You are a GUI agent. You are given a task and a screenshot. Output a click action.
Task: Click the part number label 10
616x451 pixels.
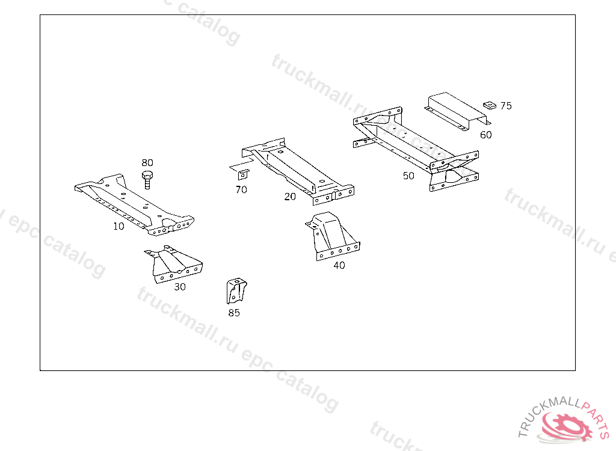tap(119, 227)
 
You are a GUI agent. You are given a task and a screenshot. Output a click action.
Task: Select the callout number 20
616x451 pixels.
tap(290, 197)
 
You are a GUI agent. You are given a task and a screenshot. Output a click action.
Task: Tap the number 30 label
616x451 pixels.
tap(180, 287)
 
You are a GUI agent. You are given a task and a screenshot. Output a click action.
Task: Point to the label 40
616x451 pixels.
tap(339, 265)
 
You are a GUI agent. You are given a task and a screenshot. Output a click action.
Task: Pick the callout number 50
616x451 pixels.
tap(408, 176)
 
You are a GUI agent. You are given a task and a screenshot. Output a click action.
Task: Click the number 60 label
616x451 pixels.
tap(485, 135)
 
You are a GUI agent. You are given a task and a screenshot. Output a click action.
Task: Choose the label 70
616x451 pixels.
tap(241, 190)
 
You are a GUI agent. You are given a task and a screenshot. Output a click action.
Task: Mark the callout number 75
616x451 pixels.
tap(506, 106)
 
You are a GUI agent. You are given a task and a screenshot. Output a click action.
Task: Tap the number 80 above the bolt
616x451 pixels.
tap(147, 162)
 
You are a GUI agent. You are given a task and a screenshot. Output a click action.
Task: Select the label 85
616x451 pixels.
tap(234, 313)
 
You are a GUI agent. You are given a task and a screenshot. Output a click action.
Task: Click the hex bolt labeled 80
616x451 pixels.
tap(147, 179)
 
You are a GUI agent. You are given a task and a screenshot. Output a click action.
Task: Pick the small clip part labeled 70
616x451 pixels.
tap(242, 174)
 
